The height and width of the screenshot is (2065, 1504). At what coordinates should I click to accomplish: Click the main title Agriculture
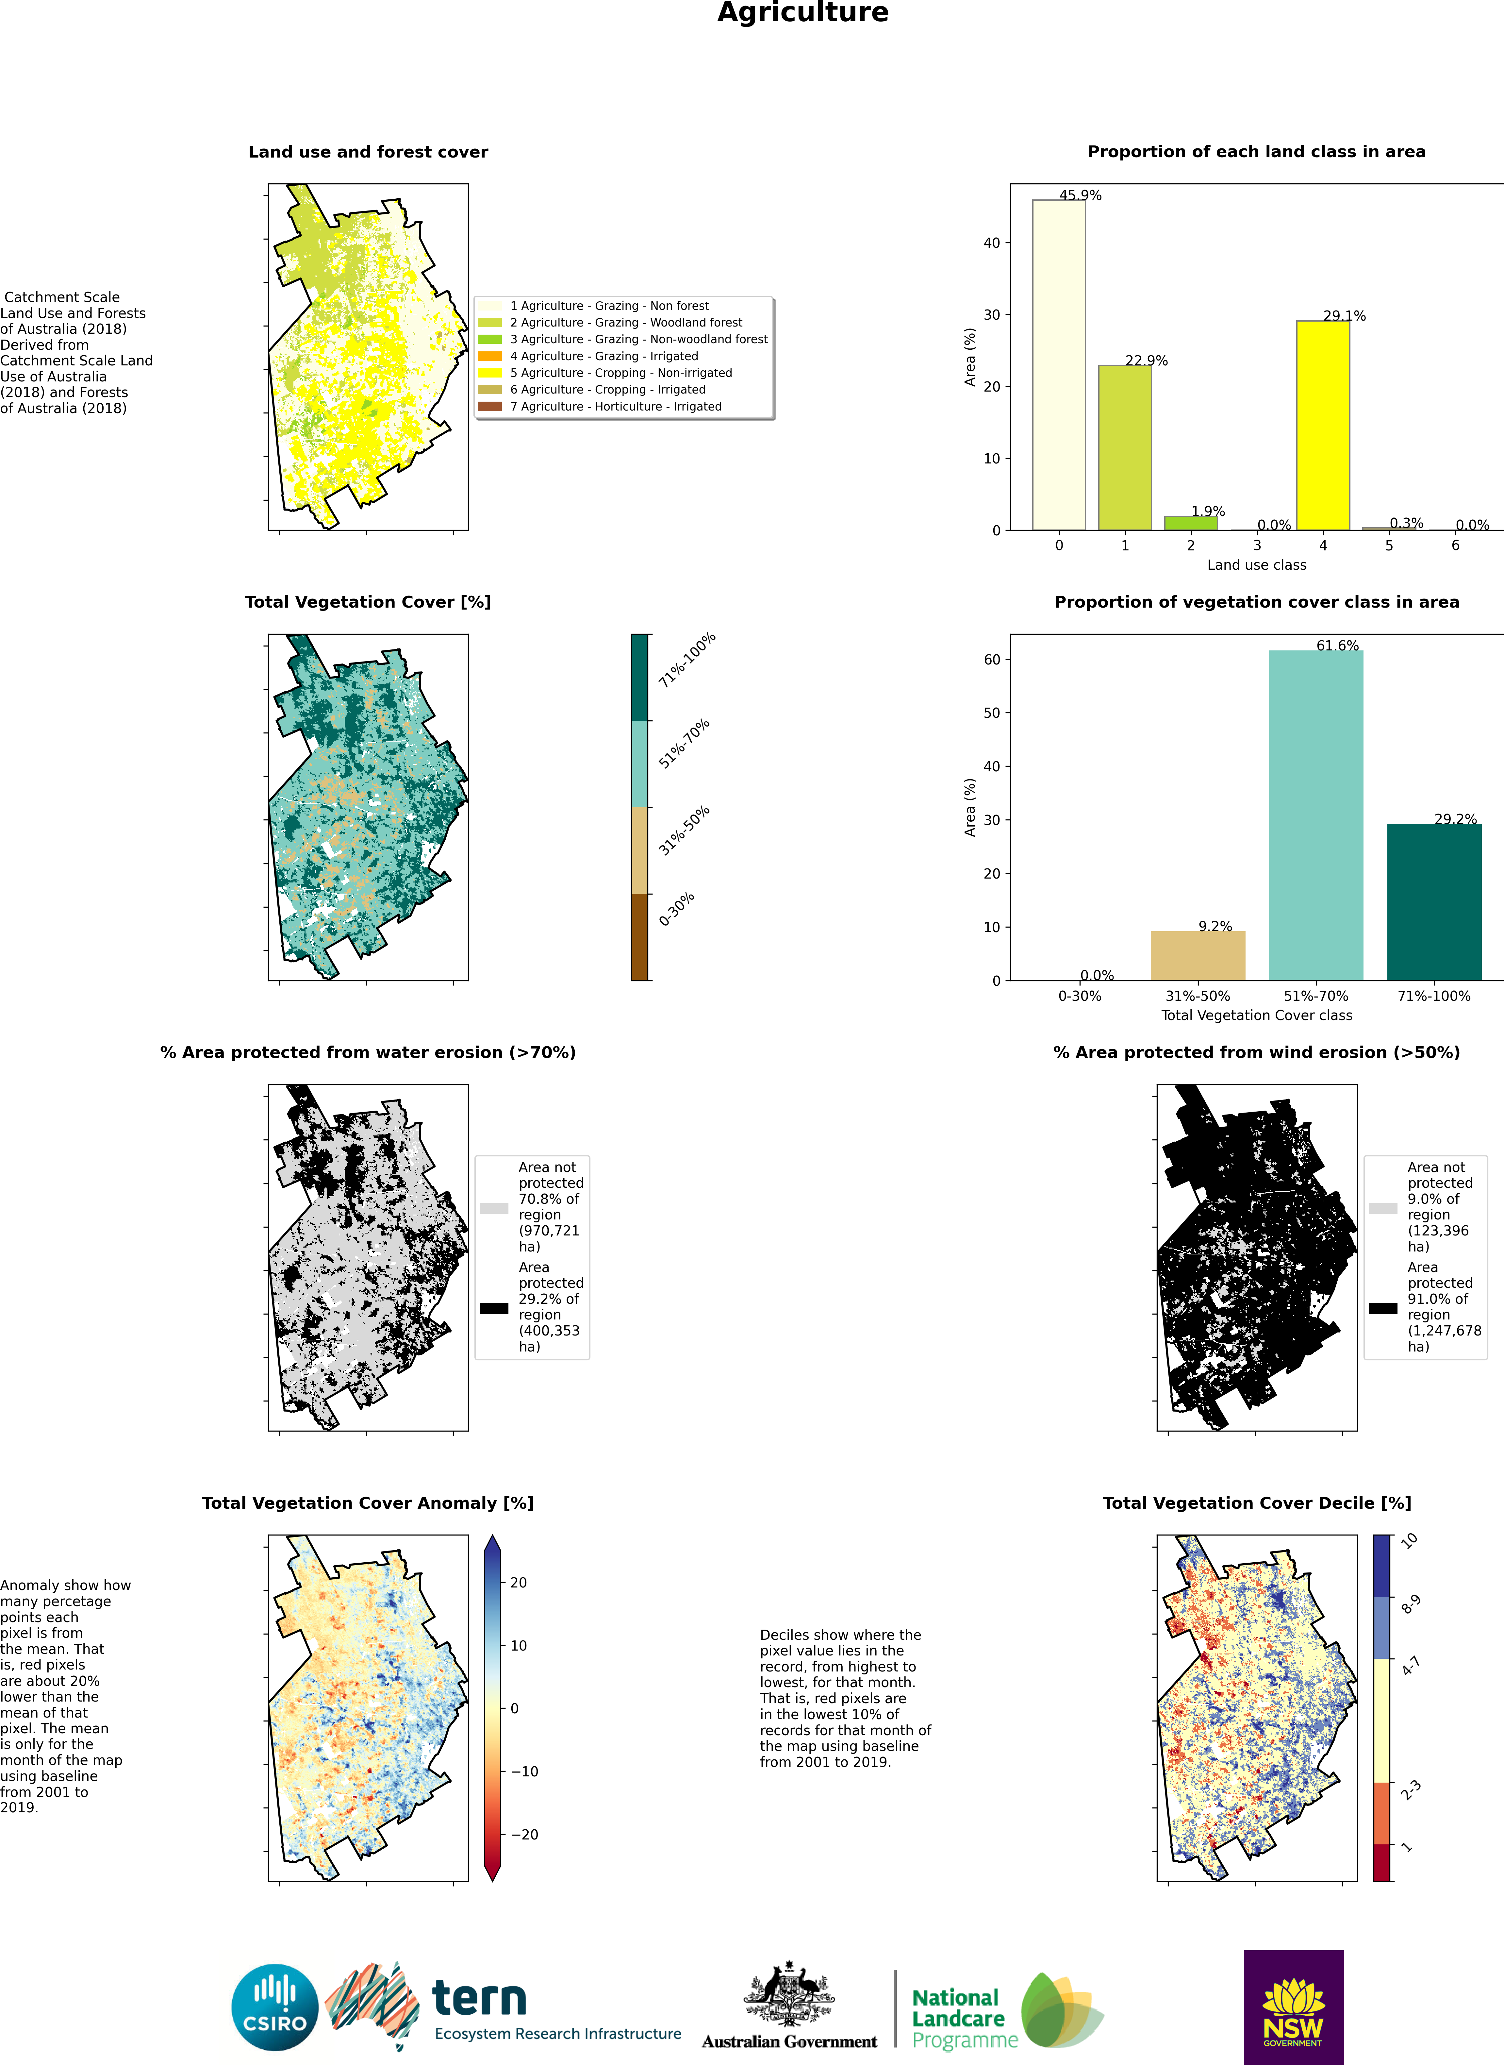pyautogui.click(x=803, y=13)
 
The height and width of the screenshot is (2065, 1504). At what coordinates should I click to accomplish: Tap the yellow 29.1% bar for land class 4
pyautogui.click(x=1323, y=425)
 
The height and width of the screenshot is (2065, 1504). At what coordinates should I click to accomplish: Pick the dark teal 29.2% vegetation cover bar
pyautogui.click(x=1434, y=902)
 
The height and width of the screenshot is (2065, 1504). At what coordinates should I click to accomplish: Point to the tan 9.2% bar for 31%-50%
pyautogui.click(x=1197, y=955)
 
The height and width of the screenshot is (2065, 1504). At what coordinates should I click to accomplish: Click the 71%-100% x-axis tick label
pyautogui.click(x=1434, y=996)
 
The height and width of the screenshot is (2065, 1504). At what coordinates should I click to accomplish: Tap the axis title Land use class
pyautogui.click(x=1256, y=564)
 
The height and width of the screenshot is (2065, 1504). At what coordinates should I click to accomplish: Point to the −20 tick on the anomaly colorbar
pyautogui.click(x=523, y=1834)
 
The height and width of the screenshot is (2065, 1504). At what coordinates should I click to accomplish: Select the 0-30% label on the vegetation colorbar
pyautogui.click(x=676, y=909)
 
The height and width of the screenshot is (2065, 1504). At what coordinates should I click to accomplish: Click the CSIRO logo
pyautogui.click(x=275, y=2007)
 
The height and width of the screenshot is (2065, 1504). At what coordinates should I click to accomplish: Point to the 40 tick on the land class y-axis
pyautogui.click(x=991, y=243)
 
